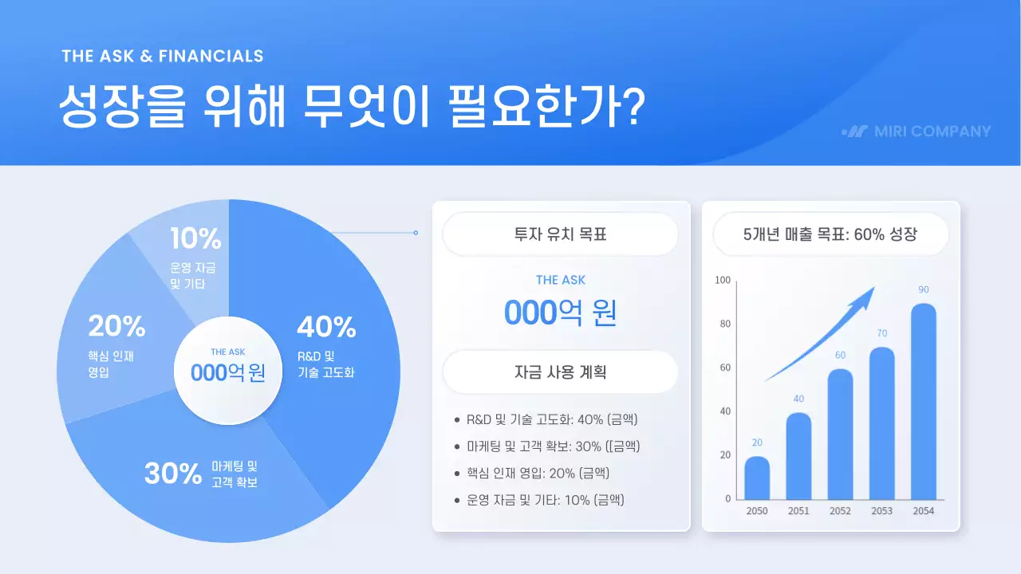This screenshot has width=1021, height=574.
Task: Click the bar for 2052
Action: tap(840, 434)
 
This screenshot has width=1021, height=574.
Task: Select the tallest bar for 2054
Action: tap(923, 402)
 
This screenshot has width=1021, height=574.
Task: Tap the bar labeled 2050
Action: tap(757, 478)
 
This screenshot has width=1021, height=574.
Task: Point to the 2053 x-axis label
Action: tap(881, 511)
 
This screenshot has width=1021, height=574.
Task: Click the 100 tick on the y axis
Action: tap(722, 281)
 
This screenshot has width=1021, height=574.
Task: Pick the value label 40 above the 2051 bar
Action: tap(798, 399)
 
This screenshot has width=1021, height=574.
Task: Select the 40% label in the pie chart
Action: tap(325, 327)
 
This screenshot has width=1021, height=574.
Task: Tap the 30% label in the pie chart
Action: tap(172, 474)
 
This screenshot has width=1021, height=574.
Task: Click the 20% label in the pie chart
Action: tap(116, 326)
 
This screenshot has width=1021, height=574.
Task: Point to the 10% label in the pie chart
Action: tap(195, 238)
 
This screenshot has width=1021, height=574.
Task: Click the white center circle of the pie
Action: tap(228, 364)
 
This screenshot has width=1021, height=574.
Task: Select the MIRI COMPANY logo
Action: tap(916, 132)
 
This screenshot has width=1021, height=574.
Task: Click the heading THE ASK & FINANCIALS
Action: tap(162, 56)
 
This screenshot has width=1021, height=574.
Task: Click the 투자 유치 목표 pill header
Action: tap(560, 235)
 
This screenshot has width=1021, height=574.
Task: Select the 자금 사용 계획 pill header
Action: tap(560, 372)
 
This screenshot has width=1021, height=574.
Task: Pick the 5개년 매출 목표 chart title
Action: tap(830, 235)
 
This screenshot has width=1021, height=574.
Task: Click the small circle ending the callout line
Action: tap(416, 233)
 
